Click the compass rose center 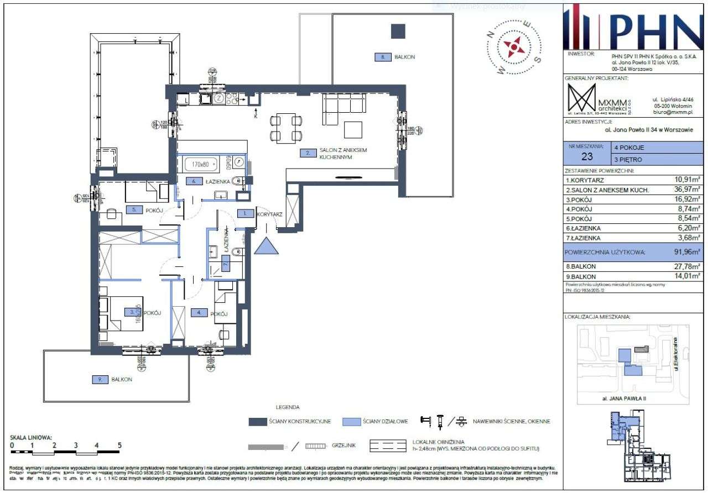[515, 48]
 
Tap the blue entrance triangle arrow [267, 245]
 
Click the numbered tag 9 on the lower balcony [99, 379]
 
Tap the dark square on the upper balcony [398, 31]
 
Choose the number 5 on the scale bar [119, 444]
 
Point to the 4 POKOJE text [629, 148]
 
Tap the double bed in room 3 [121, 313]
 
